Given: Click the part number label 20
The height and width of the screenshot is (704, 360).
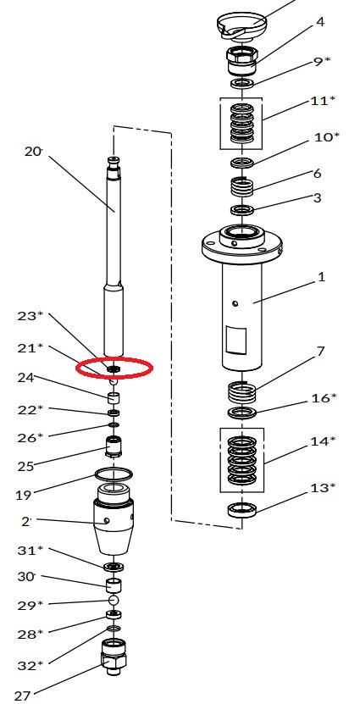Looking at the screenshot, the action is (x=33, y=152).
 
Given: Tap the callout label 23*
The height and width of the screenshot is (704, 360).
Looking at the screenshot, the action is (x=30, y=316).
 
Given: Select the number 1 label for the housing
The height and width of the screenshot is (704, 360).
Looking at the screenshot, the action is (x=321, y=277).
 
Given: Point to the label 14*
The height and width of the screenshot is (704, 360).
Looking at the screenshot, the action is (x=323, y=441).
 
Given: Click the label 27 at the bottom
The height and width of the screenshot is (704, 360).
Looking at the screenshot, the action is (x=22, y=696).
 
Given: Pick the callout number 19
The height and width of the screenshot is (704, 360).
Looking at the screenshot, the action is (x=24, y=496).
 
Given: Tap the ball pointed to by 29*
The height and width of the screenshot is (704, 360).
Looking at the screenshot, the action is (x=114, y=600).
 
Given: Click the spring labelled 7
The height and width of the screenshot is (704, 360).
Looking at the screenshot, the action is (x=242, y=392).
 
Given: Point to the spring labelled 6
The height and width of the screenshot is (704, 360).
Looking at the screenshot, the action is (x=242, y=186).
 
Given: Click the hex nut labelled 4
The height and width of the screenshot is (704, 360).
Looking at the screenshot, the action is (x=242, y=62).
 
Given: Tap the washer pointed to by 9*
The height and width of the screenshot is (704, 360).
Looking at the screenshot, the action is (x=242, y=83).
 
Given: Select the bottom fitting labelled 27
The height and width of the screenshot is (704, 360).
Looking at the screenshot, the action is (x=114, y=657).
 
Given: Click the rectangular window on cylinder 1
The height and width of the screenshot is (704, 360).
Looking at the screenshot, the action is (x=235, y=340).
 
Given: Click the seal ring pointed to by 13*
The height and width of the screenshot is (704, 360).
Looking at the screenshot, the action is (x=242, y=510).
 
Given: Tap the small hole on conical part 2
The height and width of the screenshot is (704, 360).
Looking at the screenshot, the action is (x=107, y=521).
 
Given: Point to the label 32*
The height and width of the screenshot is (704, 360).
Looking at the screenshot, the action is (x=30, y=665).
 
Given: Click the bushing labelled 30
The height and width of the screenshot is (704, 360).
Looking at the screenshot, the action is (x=114, y=585).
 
